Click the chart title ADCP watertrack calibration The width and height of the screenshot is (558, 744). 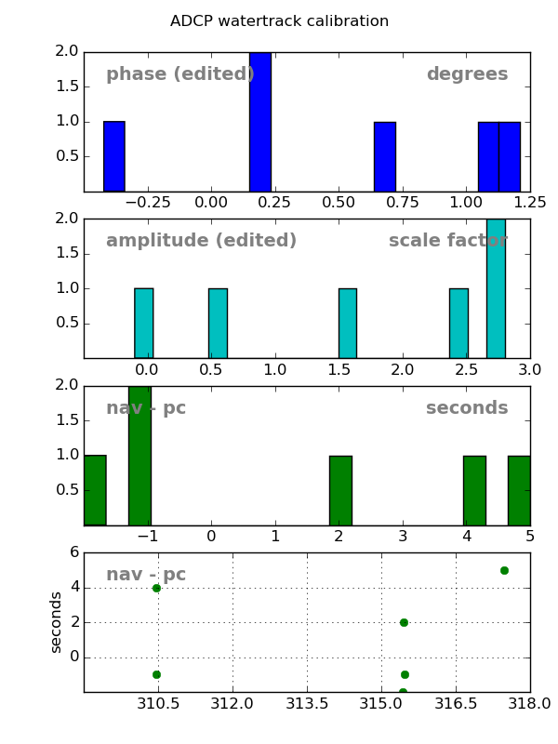pyautogui.click(x=279, y=21)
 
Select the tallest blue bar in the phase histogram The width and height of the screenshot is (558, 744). pyautogui.click(x=260, y=122)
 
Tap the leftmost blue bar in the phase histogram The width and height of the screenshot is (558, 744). pyautogui.click(x=113, y=156)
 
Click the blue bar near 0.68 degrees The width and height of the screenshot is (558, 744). pyautogui.click(x=385, y=156)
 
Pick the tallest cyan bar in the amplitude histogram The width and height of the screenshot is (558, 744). pyautogui.click(x=496, y=288)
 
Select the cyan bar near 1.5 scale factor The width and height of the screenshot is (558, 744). pyautogui.click(x=347, y=323)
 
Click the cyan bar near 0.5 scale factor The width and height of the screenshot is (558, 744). pyautogui.click(x=218, y=323)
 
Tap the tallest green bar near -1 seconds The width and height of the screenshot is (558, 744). pyautogui.click(x=139, y=455)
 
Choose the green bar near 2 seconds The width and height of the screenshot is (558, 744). pyautogui.click(x=340, y=490)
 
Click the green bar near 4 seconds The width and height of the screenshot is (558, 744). pyautogui.click(x=474, y=490)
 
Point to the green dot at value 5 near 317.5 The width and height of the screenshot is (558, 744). pyautogui.click(x=504, y=570)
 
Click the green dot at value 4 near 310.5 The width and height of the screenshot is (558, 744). pyautogui.click(x=156, y=588)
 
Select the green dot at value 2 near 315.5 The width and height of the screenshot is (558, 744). pyautogui.click(x=404, y=622)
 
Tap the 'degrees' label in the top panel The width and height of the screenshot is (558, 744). pyautogui.click(x=467, y=74)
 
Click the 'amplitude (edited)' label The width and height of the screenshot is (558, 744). pyautogui.click(x=201, y=241)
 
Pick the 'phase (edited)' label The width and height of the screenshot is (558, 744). pyautogui.click(x=179, y=74)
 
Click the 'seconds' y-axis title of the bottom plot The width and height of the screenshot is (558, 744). pyautogui.click(x=57, y=621)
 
